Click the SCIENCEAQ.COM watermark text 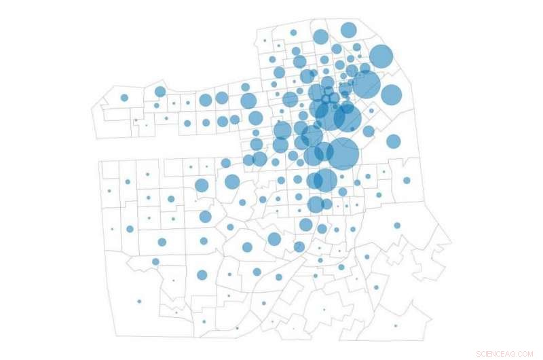505,353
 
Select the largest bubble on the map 343,154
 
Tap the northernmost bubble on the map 348,30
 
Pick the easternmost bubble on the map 407,181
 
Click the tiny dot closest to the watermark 395,326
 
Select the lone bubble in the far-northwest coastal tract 124,98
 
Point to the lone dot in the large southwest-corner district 139,301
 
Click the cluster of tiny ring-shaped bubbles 329,99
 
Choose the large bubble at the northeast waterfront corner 381,57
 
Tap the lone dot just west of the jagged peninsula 397,226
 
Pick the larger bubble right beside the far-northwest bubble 160,92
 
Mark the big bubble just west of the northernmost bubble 320,37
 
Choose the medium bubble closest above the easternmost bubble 393,141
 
